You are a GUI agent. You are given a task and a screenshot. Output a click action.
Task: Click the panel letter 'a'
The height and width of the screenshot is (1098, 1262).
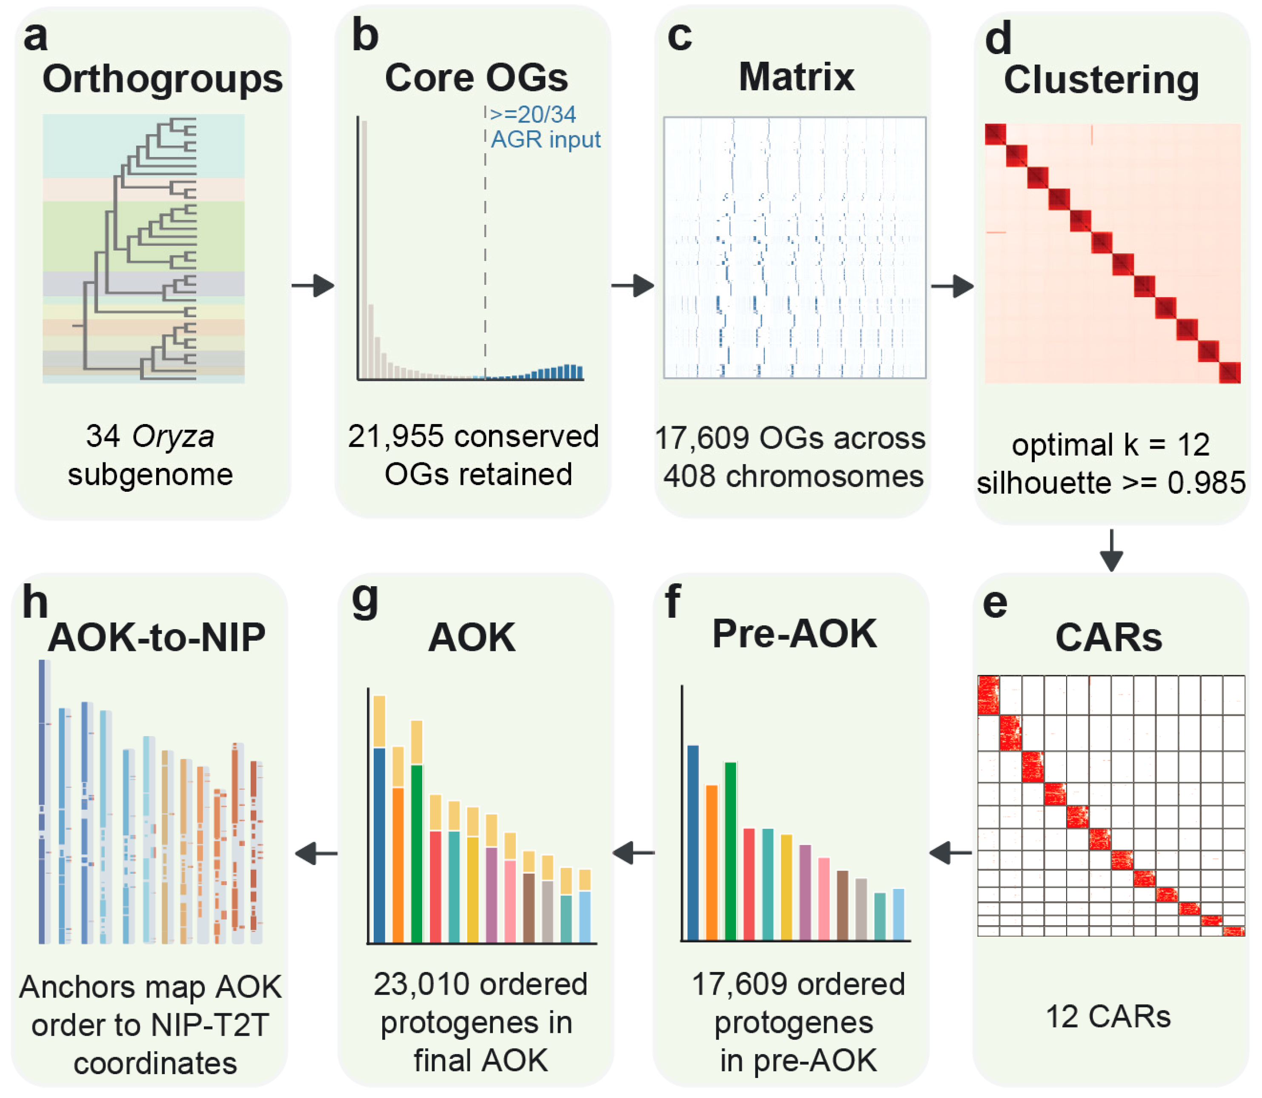(x=35, y=36)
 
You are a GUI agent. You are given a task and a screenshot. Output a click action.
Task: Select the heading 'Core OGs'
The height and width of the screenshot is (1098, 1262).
(x=476, y=78)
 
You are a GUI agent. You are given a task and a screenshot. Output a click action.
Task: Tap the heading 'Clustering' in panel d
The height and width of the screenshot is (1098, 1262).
(x=1101, y=80)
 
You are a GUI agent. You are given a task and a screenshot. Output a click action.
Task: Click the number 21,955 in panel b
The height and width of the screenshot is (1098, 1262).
(x=395, y=436)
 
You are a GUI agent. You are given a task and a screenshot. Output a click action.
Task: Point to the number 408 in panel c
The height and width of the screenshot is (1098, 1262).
(x=689, y=476)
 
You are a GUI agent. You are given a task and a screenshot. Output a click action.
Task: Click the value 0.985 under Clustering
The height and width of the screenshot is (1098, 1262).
(x=1206, y=483)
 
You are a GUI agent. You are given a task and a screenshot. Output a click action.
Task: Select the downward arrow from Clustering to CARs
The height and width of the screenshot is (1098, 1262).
(x=1111, y=550)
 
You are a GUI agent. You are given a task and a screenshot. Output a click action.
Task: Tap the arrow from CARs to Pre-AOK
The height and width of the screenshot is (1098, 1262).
(x=950, y=852)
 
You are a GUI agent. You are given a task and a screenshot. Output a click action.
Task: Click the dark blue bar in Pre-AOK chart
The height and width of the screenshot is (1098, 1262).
(x=693, y=843)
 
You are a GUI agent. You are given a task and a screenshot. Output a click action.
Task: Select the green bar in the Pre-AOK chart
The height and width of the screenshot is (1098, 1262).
(x=730, y=851)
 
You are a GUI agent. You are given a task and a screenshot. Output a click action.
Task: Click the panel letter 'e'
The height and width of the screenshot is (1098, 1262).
(x=995, y=604)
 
